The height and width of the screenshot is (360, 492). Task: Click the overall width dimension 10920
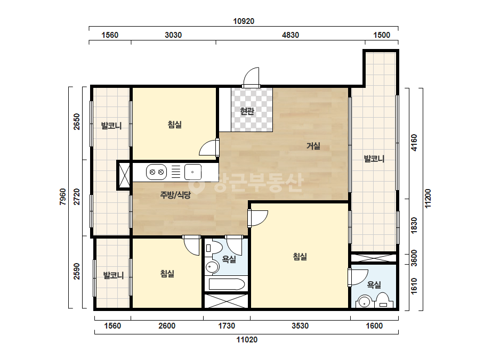click(244, 21)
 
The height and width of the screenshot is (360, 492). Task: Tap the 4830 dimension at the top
click(290, 35)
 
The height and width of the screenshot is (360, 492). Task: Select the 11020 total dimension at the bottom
click(247, 340)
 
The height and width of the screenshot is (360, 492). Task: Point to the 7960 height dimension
click(63, 197)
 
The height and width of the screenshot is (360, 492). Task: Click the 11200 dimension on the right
click(428, 198)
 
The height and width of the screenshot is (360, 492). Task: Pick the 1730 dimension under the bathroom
click(227, 326)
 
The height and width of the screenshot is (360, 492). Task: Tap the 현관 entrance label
click(247, 111)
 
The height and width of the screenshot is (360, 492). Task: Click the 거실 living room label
click(313, 146)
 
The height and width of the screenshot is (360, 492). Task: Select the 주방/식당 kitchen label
click(175, 195)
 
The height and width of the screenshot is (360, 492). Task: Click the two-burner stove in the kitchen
click(157, 172)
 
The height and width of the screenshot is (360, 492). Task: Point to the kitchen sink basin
click(192, 172)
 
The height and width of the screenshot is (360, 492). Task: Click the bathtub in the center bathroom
click(227, 284)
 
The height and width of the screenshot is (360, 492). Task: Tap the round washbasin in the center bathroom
click(212, 267)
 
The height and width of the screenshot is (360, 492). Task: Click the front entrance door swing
click(252, 77)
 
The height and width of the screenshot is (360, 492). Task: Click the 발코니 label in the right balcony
click(374, 159)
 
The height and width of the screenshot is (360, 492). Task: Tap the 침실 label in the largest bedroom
click(300, 257)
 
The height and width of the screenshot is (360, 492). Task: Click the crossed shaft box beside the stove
click(124, 175)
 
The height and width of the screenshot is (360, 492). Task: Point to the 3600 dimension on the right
click(414, 258)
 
